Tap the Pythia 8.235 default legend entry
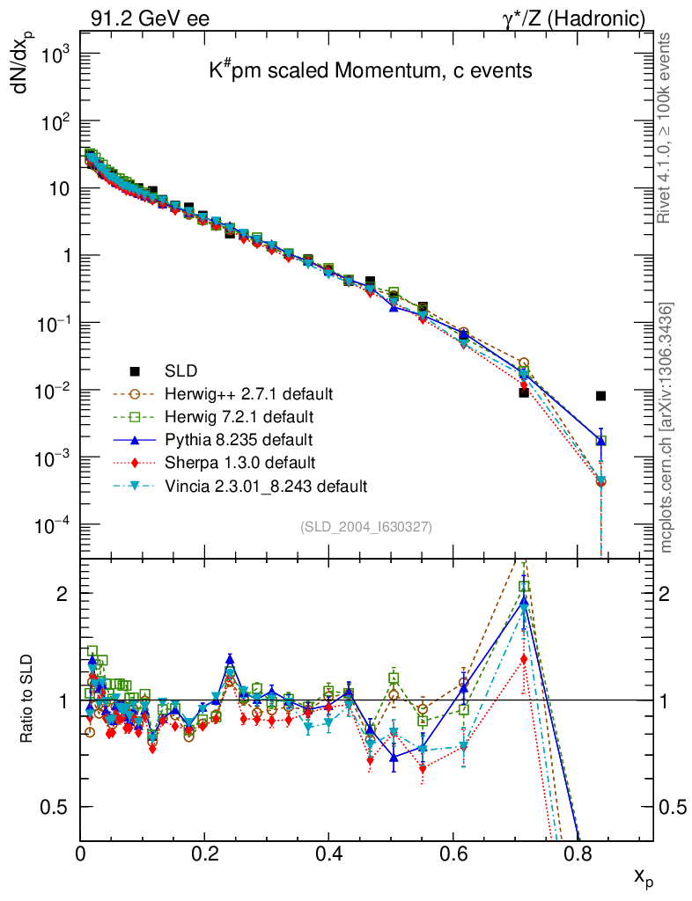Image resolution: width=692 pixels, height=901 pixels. pos(239,439)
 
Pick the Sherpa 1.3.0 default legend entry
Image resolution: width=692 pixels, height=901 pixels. pos(240,462)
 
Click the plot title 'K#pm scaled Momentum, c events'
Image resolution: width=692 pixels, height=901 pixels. pos(371,71)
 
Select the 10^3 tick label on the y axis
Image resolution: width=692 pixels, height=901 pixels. pos(55,55)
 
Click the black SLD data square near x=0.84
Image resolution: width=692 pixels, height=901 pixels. pos(600,396)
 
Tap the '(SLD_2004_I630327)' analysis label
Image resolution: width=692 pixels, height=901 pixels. pos(366,526)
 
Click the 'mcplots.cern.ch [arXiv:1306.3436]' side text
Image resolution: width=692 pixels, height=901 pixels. pos(666,427)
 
